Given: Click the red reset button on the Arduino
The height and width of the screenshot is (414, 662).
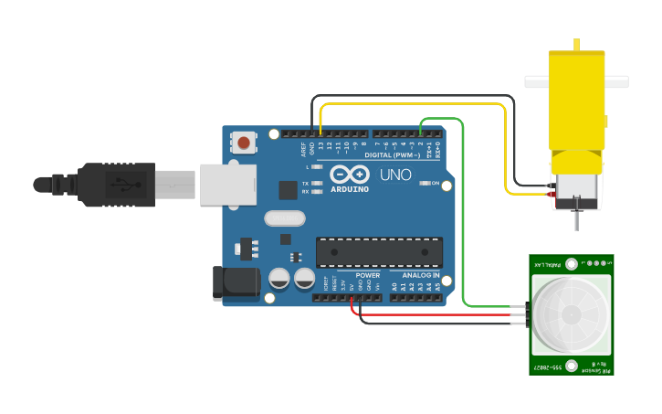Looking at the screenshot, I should pos(244,143).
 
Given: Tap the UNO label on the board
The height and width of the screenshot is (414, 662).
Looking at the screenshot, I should pos(395,174).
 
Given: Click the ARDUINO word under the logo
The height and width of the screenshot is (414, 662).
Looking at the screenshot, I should pos(349,189).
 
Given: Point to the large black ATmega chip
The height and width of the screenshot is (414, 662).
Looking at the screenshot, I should pos(379,252).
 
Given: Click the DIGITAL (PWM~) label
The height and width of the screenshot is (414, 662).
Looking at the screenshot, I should pos(392,154).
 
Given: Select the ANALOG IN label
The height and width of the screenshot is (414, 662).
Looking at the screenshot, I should pos(421,274).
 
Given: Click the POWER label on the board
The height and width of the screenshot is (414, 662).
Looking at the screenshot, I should pos(368,274).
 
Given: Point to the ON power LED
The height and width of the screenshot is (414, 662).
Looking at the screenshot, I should pos(426,184).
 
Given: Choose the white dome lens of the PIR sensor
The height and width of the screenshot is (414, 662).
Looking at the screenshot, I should pos(571,313).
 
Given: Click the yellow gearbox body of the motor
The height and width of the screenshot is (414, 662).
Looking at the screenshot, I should pos(576,101).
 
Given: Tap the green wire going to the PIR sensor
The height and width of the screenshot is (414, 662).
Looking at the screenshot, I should pos(464,219).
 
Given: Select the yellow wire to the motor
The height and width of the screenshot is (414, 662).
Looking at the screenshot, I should pos(506,146).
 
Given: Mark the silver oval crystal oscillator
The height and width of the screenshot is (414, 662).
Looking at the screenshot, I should pos(284,218).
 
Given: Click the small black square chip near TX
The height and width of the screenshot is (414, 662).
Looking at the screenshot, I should pos(289,189).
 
